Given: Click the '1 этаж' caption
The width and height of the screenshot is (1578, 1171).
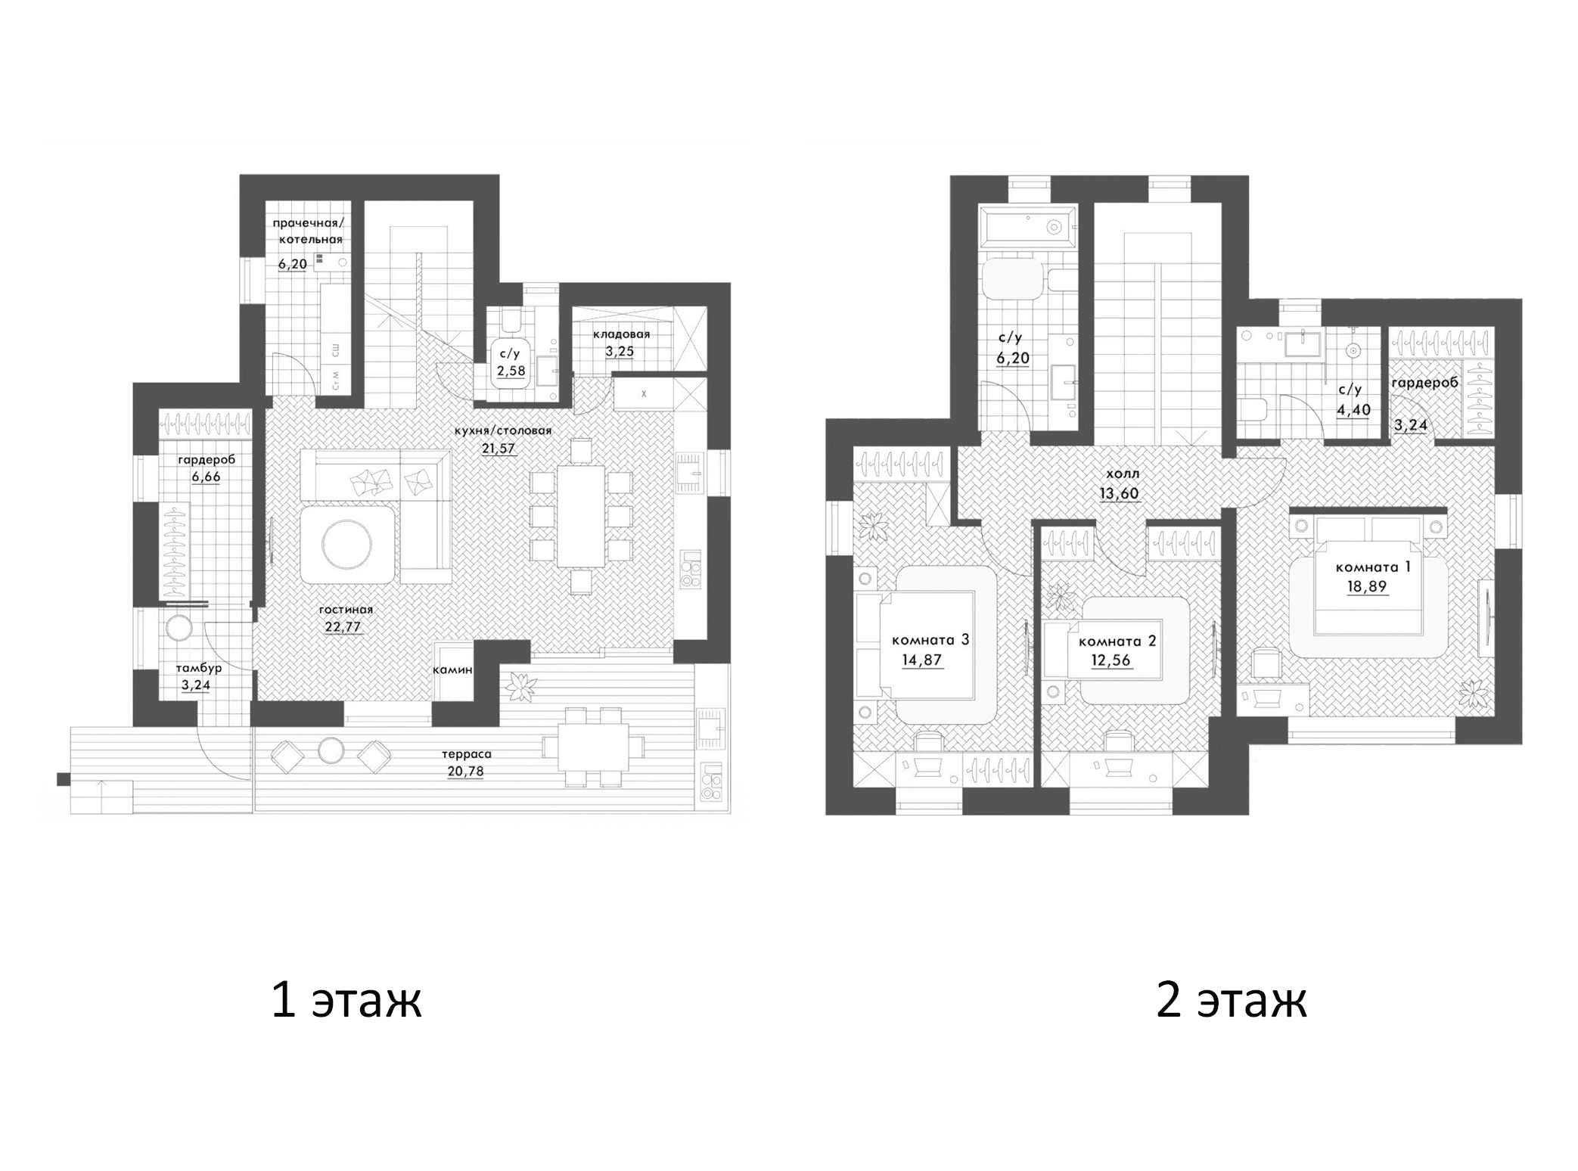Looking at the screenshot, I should pyautogui.click(x=346, y=1000).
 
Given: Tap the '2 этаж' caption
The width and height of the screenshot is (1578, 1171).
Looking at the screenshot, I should pyautogui.click(x=1231, y=1000).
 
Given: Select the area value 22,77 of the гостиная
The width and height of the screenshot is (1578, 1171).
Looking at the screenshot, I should pyautogui.click(x=343, y=626).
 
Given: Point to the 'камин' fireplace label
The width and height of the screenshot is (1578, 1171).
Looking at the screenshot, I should pyautogui.click(x=452, y=669).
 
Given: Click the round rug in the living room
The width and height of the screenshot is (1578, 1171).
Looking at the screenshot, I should pyautogui.click(x=346, y=543).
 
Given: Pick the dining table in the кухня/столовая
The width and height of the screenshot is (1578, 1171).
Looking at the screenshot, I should pyautogui.click(x=581, y=516).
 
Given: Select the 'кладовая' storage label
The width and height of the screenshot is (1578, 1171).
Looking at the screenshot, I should pyautogui.click(x=621, y=334).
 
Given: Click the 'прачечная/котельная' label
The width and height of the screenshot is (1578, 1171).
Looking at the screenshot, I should pyautogui.click(x=308, y=231).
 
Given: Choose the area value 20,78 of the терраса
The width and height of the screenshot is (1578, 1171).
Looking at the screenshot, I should pyautogui.click(x=465, y=772).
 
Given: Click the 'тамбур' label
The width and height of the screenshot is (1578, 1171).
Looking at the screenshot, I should pyautogui.click(x=199, y=668).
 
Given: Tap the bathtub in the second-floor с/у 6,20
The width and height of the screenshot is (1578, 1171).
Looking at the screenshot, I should pyautogui.click(x=1027, y=225).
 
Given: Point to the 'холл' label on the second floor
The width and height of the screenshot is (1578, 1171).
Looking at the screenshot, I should pyautogui.click(x=1122, y=474).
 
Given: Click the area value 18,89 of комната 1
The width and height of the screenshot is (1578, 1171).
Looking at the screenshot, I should pyautogui.click(x=1366, y=585).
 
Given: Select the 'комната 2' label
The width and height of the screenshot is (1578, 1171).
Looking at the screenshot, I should pyautogui.click(x=1117, y=641).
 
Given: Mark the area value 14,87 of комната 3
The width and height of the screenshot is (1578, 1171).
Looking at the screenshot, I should pyautogui.click(x=921, y=660).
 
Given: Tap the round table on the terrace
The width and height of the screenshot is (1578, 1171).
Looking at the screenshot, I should pyautogui.click(x=331, y=750).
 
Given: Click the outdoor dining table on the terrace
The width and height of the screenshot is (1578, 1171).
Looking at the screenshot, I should pyautogui.click(x=594, y=747).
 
